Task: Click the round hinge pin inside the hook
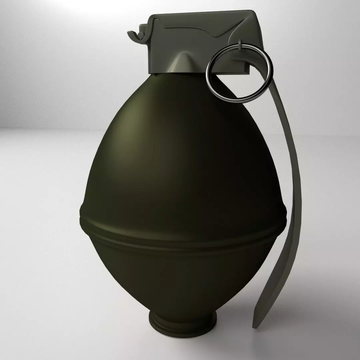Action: click(142, 35)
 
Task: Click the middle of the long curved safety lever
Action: click(290, 200)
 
